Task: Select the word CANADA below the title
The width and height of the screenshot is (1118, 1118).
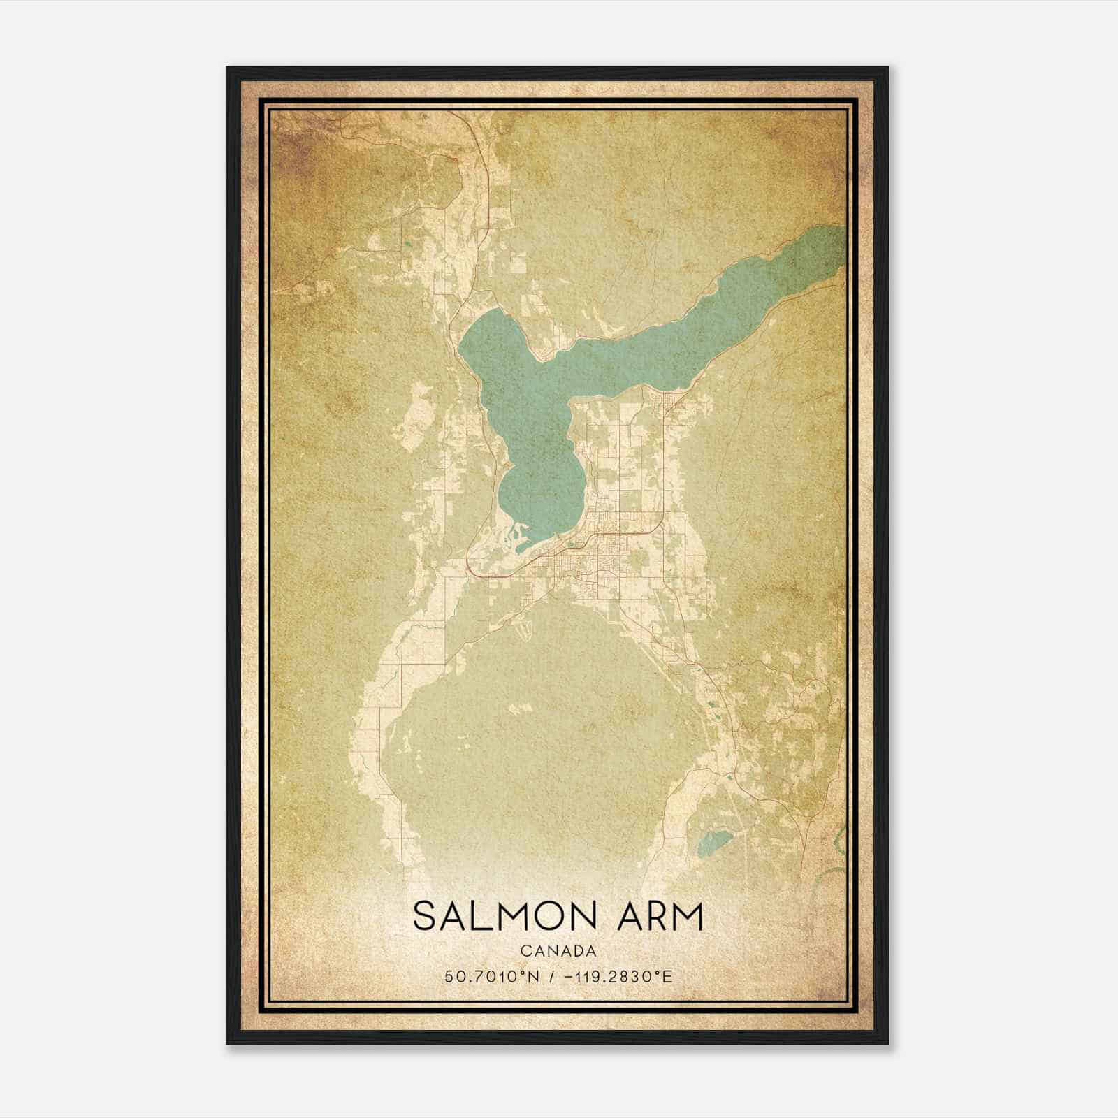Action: (558, 951)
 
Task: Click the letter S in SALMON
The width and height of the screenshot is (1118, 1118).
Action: (424, 916)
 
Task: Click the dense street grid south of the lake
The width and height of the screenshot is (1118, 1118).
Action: (594, 552)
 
